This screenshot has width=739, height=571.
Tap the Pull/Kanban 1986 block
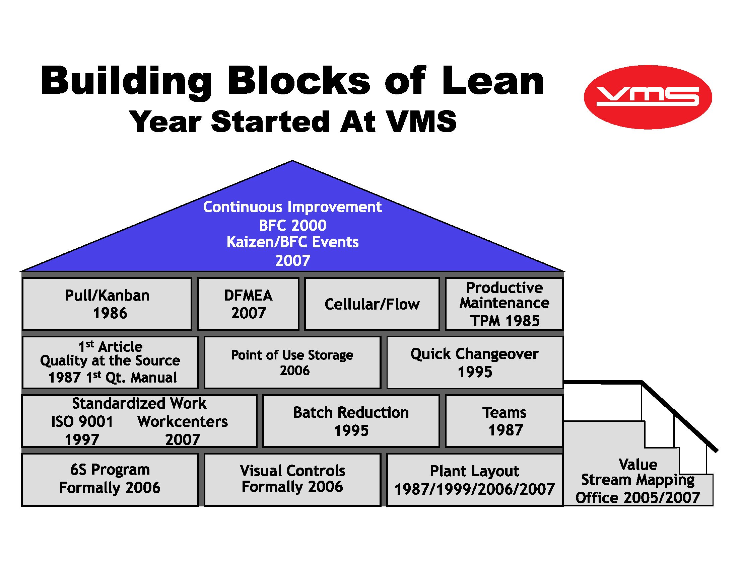107,304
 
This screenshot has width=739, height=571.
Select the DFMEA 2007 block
248,304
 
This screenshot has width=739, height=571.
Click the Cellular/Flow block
372,304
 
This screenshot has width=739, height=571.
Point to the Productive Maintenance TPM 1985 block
504,304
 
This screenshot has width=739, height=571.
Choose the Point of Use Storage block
292,362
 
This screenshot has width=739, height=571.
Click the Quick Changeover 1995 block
474,362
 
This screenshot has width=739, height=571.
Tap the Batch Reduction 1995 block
351,421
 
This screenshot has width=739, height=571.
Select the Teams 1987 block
504,421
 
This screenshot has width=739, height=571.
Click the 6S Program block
110,479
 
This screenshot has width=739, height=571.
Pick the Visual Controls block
292,479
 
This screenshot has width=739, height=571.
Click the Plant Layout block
474,480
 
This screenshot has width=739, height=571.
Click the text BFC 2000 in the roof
293,226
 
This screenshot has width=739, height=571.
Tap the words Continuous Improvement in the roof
292,207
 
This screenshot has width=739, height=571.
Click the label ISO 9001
82,422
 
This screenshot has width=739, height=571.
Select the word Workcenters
182,422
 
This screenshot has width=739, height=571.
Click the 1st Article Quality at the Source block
110,362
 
